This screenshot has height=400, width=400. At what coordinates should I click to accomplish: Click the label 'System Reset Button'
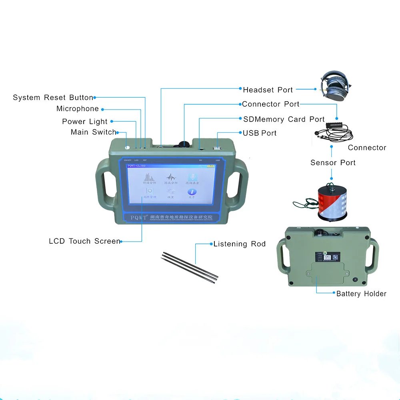point(53,98)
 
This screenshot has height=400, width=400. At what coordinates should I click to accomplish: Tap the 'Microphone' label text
point(78,109)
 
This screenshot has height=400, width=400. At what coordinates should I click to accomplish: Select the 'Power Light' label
point(85,122)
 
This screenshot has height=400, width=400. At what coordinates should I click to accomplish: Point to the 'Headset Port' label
point(268,90)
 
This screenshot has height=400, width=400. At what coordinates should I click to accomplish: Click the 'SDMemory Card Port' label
point(284,119)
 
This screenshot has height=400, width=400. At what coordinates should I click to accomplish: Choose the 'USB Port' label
point(260,133)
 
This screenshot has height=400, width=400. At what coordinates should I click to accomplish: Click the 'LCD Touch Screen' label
point(84,241)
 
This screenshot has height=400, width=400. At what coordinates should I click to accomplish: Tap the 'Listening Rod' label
point(240,244)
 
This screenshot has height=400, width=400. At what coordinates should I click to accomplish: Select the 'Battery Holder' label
point(361,294)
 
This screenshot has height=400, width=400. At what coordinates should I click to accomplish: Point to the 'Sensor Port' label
point(333,162)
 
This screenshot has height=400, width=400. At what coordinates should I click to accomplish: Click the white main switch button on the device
point(128,147)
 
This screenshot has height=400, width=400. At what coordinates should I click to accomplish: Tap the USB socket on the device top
point(218,148)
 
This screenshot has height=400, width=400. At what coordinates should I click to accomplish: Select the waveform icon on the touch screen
point(171,177)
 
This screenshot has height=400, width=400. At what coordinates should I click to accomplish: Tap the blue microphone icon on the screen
point(192,177)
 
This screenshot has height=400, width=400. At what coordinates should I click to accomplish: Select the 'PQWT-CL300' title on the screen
point(137,166)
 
